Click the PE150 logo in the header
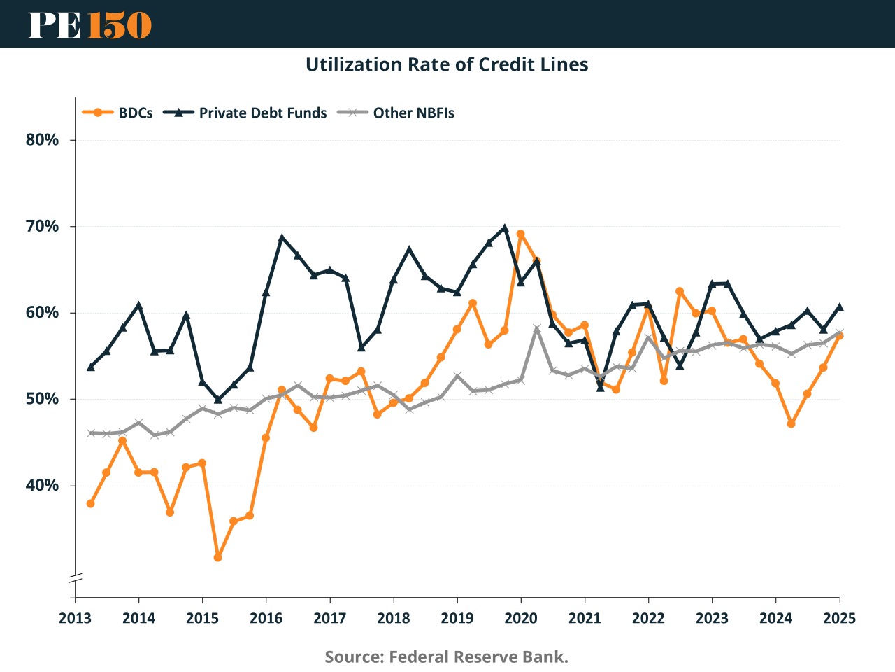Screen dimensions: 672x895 (89, 24)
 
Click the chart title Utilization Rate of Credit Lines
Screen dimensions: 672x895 (447, 64)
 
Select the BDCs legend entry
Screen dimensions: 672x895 (118, 113)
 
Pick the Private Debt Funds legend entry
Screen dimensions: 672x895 (246, 113)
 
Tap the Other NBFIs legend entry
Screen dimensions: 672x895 (396, 113)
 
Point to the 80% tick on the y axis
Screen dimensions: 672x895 (42, 139)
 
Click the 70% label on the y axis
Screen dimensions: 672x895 (42, 226)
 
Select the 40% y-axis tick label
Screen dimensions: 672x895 (42, 485)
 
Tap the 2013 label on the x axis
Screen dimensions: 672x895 (75, 618)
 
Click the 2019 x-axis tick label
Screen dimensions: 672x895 (457, 618)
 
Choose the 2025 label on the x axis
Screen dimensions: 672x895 (839, 618)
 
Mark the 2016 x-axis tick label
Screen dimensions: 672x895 (266, 618)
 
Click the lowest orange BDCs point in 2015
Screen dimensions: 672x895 (218, 557)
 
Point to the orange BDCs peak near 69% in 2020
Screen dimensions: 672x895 (520, 234)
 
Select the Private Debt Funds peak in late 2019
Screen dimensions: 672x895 (505, 227)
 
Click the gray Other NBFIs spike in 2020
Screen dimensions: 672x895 (536, 328)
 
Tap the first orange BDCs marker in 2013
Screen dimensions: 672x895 (91, 503)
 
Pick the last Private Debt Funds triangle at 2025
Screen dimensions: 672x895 (839, 307)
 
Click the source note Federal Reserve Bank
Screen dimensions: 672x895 (447, 657)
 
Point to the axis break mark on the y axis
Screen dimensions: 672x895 (75, 577)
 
